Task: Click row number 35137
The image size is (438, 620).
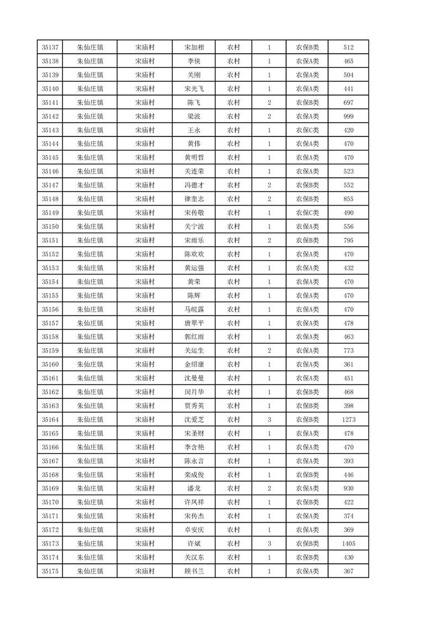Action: pos(50,48)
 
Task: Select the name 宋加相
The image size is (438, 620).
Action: pos(194,48)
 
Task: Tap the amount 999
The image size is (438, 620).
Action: pos(348,116)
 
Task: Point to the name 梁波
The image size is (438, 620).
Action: pos(194,116)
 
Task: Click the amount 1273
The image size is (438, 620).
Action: pos(348,419)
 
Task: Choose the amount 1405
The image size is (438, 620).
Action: pos(348,544)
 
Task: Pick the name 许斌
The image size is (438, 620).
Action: pos(194,544)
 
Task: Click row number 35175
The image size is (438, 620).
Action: pos(50,571)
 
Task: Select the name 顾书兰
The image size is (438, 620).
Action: pos(194,571)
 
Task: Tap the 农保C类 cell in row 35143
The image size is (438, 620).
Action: pos(307,130)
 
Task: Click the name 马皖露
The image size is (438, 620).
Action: pos(194,309)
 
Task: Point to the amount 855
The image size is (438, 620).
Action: pos(348,199)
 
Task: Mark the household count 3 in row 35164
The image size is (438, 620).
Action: pos(269,419)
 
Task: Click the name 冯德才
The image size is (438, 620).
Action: pos(194,185)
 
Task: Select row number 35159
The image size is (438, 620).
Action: pos(50,350)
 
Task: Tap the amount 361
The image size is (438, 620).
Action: pos(348,364)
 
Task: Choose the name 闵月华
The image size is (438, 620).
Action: pos(194,392)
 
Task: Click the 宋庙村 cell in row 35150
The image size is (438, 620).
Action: pos(145,227)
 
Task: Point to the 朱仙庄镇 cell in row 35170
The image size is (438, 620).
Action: pos(90,502)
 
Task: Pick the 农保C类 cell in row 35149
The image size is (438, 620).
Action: pos(307,213)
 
